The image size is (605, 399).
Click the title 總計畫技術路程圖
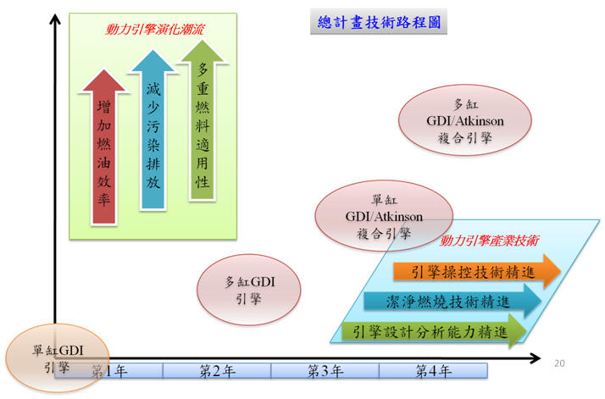point(379,22)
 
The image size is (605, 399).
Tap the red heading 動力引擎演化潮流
point(154,30)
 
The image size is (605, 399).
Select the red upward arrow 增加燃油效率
point(103,147)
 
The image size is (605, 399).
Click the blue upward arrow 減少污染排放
point(153,130)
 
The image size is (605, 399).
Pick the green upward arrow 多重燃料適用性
point(203,120)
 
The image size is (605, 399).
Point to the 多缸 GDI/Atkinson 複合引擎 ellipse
point(464,120)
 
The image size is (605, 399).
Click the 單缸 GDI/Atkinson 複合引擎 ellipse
point(384,216)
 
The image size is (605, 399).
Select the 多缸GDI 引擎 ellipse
point(249,290)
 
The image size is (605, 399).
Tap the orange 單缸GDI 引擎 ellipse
point(57,359)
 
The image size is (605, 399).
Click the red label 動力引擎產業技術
point(489,241)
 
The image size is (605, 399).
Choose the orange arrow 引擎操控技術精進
point(477,272)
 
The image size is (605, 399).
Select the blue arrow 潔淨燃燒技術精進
point(452,302)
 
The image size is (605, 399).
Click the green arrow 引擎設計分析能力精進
point(434,331)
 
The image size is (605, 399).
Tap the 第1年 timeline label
point(109,371)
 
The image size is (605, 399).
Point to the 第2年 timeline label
point(217,371)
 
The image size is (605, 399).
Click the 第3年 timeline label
point(325,371)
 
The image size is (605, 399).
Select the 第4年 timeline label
point(433,371)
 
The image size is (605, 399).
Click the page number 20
point(559,363)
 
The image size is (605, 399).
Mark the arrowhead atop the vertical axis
point(55,19)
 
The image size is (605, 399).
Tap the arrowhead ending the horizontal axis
point(536,358)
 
